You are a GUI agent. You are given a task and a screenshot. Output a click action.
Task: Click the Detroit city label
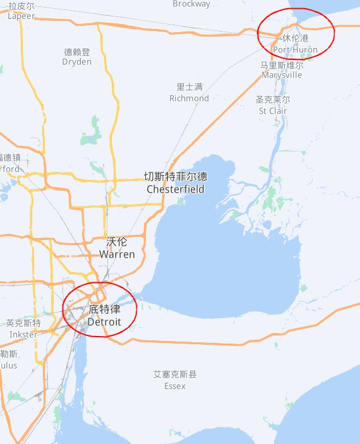click(x=104, y=322)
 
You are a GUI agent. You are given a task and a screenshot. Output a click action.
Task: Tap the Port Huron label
click(x=296, y=49)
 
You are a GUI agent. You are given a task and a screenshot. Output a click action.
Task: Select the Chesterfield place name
click(x=176, y=189)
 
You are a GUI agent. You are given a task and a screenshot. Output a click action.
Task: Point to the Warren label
click(x=117, y=254)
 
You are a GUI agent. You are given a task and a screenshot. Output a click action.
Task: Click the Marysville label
click(x=282, y=75)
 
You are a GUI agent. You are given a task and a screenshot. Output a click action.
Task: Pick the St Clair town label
click(x=273, y=111)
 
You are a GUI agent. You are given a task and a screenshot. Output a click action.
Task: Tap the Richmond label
click(x=189, y=98)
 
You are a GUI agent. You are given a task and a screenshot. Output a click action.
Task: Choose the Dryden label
click(x=77, y=62)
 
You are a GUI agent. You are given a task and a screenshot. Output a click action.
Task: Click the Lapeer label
click(x=21, y=16)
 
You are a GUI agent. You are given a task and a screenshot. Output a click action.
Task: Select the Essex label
click(x=174, y=385)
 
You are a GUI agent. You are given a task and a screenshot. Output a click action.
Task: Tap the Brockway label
click(x=191, y=4)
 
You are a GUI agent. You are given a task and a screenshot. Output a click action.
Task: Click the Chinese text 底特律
click(x=104, y=310)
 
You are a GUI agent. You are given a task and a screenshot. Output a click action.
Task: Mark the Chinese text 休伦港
click(x=296, y=38)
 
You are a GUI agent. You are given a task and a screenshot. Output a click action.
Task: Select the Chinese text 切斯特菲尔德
click(x=176, y=177)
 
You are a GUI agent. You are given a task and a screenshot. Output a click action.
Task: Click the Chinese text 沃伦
click(x=117, y=242)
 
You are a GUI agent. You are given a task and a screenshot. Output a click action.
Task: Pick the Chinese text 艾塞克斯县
click(x=174, y=374)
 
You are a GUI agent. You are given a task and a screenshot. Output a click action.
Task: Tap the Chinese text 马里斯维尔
click(x=282, y=64)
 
